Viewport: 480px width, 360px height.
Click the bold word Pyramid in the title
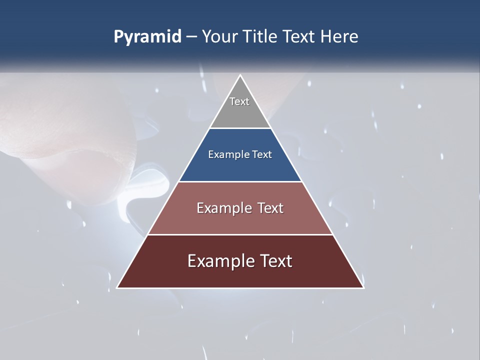coord(147,37)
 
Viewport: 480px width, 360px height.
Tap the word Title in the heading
coord(262,37)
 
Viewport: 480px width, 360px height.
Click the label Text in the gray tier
coord(239,101)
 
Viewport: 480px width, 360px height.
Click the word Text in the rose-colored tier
coord(270,208)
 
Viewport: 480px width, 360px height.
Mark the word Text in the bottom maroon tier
coord(275,261)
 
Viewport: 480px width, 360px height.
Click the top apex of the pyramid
coord(240,75)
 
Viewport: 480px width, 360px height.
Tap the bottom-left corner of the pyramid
coord(117,287)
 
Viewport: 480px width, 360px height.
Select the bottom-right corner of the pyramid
coord(363,287)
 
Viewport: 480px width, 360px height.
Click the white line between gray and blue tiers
coord(240,128)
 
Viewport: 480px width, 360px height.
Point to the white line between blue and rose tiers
coord(240,181)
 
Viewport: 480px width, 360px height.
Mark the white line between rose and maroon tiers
coord(240,234)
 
